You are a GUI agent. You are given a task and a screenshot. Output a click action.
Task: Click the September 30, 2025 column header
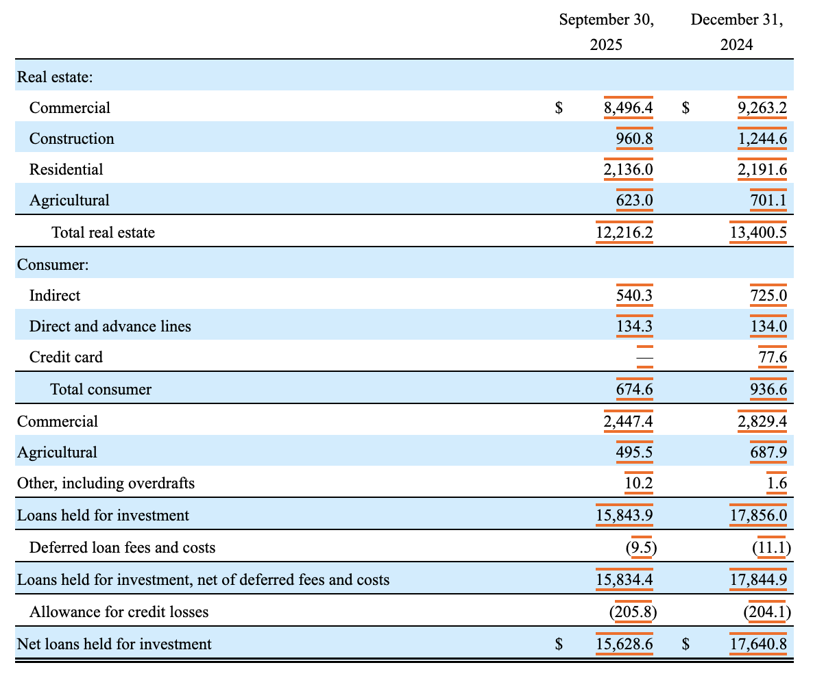click(x=606, y=32)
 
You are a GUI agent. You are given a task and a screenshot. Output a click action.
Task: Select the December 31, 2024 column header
click(x=736, y=32)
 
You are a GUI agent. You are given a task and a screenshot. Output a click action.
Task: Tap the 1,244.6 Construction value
click(x=762, y=139)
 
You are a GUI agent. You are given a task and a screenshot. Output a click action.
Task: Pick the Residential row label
click(x=66, y=169)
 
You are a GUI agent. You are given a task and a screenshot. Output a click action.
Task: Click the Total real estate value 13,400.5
click(x=758, y=233)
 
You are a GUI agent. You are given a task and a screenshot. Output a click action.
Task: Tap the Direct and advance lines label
click(x=110, y=327)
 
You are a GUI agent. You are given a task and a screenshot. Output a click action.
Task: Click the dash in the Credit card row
click(x=644, y=358)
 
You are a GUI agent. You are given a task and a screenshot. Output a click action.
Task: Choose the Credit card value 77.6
click(x=773, y=358)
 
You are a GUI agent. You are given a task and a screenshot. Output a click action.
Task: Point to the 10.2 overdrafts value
click(x=639, y=484)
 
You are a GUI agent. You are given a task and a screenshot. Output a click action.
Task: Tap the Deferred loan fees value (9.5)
click(x=641, y=547)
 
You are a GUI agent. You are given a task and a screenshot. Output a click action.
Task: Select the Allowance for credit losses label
click(x=119, y=612)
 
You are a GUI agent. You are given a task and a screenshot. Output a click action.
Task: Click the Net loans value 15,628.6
click(x=624, y=644)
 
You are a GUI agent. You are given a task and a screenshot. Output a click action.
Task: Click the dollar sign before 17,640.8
click(x=686, y=644)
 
